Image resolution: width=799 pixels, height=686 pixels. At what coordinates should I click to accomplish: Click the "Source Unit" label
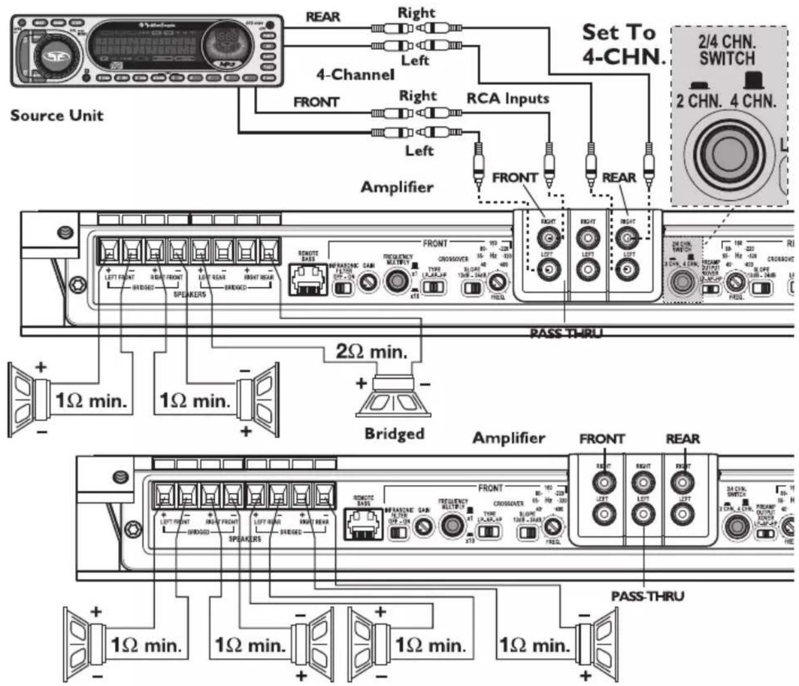tap(57, 115)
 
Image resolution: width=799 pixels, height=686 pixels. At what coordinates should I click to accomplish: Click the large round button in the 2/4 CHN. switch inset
tap(729, 151)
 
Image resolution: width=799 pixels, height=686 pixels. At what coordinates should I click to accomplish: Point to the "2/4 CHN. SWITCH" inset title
tap(727, 51)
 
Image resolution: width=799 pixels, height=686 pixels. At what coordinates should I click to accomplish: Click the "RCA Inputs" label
tap(507, 98)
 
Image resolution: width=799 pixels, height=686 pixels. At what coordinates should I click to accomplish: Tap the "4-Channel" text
tap(355, 75)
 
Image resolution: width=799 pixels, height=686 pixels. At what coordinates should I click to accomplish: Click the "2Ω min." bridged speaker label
tap(371, 352)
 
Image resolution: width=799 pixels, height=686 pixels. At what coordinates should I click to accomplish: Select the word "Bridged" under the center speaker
tap(394, 433)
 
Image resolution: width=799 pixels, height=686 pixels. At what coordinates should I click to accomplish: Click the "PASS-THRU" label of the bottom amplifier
tap(647, 596)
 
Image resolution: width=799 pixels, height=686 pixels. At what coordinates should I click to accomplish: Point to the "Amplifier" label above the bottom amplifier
tap(509, 438)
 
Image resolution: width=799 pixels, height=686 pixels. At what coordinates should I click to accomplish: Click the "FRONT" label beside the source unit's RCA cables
tap(316, 101)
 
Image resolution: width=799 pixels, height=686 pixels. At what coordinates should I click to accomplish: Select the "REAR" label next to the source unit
tap(323, 17)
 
